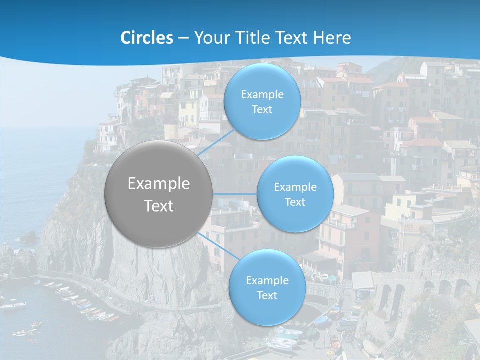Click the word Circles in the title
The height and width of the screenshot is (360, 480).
[147, 38]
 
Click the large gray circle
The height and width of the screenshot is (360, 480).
[159, 194]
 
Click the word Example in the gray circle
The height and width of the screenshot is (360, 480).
[159, 184]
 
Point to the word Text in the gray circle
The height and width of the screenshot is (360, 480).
[159, 206]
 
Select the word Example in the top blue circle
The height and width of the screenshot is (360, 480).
[262, 95]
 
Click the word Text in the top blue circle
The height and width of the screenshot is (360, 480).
[262, 110]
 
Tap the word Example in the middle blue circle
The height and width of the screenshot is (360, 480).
[295, 187]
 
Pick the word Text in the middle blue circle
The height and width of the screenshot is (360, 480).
[295, 202]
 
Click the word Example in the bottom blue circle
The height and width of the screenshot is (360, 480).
[267, 281]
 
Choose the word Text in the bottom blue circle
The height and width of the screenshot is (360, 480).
[267, 296]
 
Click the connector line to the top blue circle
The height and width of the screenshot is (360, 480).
[216, 142]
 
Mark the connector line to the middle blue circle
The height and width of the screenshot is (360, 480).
[235, 194]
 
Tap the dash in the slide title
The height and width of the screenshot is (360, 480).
[183, 38]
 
